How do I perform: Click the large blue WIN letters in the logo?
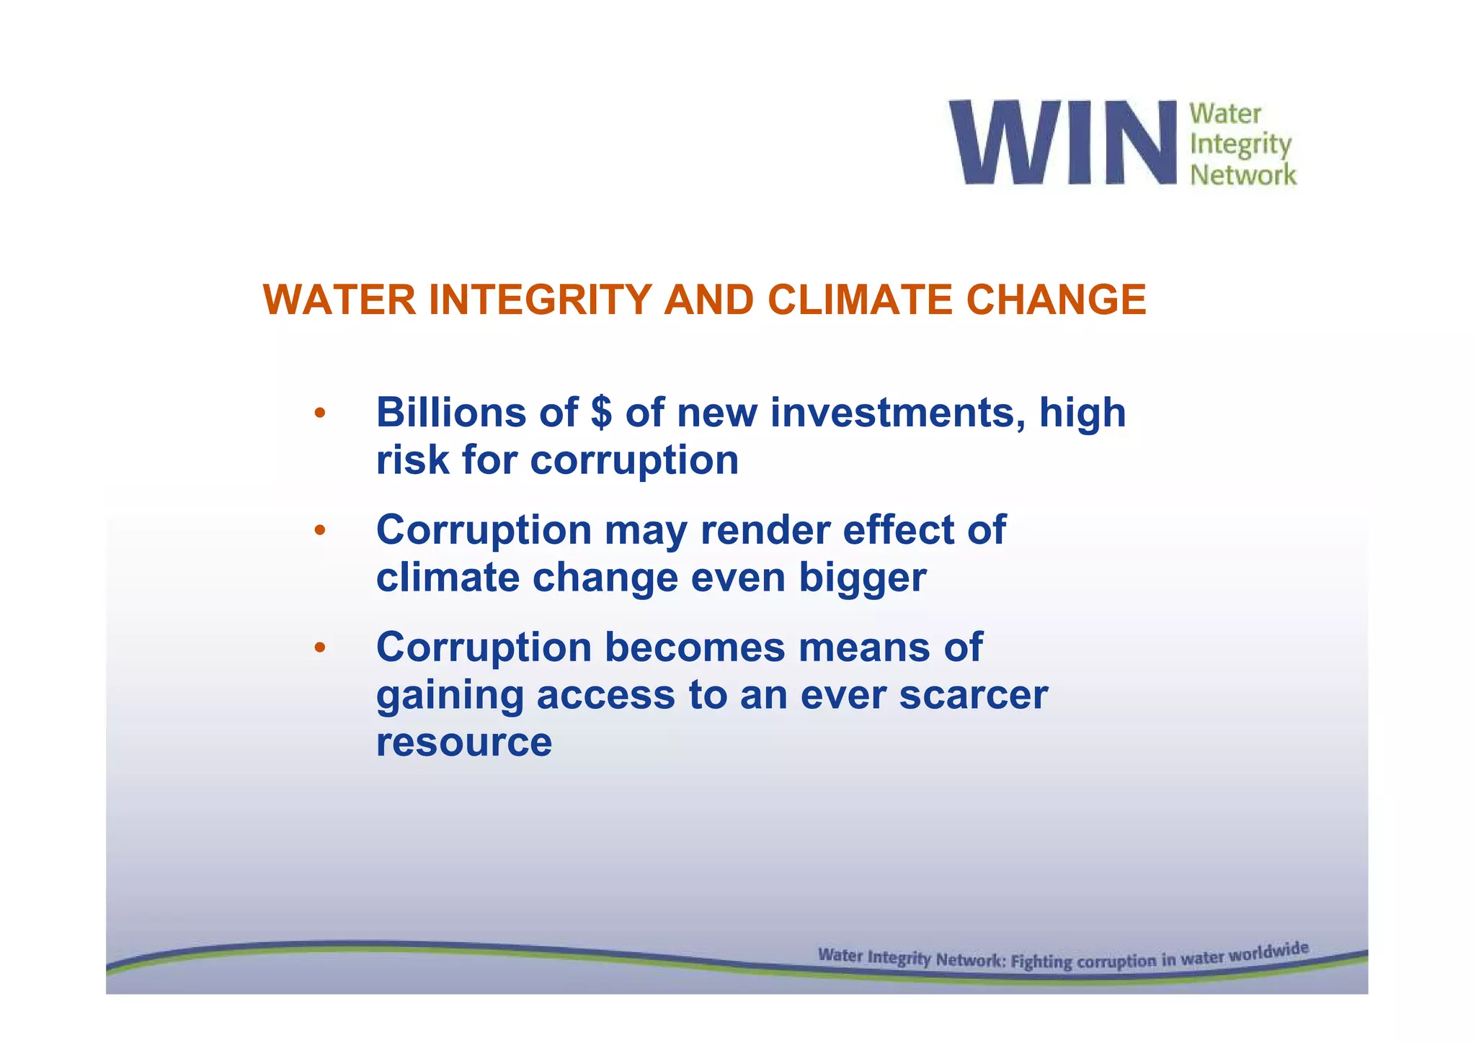point(1063,142)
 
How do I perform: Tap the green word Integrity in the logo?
point(1240,145)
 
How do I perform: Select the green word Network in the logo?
point(1242,174)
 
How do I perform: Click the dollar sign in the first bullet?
point(600,413)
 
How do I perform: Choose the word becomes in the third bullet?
point(694,647)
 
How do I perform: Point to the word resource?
point(464,742)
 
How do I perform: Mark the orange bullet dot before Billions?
point(320,414)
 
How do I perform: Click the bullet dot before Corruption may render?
point(320,532)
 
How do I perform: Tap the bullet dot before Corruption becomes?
point(320,648)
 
